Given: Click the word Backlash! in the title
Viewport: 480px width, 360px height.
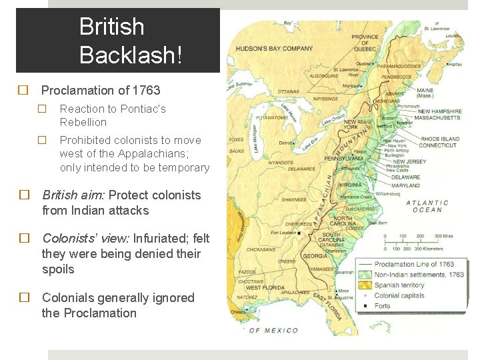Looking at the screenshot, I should (x=130, y=55).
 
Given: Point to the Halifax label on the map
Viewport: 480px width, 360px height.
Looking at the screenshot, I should (x=455, y=65).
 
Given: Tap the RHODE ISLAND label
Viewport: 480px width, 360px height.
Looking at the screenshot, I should (x=439, y=139).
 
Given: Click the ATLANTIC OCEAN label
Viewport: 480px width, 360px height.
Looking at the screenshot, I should (x=427, y=206).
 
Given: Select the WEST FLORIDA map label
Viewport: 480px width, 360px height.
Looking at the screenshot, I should (x=263, y=306).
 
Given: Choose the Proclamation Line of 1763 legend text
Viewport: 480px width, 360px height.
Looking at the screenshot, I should (x=414, y=264).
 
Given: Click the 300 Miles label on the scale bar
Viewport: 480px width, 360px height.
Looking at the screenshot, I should (x=443, y=236).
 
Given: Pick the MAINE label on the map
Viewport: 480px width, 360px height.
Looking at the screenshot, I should (x=425, y=90).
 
